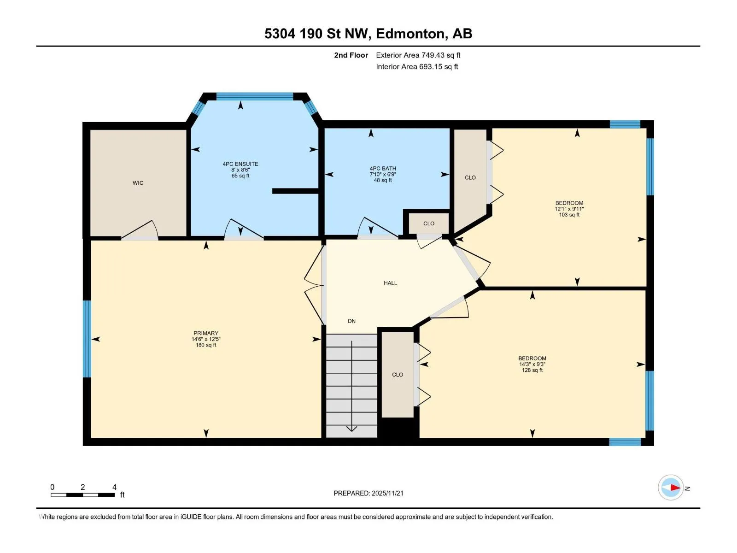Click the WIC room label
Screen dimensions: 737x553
(138, 183)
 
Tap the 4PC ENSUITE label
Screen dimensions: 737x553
(240, 164)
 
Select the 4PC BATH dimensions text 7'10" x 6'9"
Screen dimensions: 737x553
(383, 174)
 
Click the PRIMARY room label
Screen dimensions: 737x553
(206, 333)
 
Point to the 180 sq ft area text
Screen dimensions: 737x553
(206, 345)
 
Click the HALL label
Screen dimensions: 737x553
(390, 283)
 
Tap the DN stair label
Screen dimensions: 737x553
(351, 321)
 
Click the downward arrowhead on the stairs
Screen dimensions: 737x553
(351, 429)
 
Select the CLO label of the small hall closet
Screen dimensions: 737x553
(429, 224)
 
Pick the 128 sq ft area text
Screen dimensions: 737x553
(532, 370)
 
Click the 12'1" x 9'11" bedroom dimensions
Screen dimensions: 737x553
(569, 209)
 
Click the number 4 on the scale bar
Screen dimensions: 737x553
(114, 487)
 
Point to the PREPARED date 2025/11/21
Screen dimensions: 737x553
(387, 493)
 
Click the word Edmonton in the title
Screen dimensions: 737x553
(412, 34)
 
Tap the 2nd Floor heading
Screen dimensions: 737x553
(351, 55)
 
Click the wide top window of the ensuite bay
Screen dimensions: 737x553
(255, 96)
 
